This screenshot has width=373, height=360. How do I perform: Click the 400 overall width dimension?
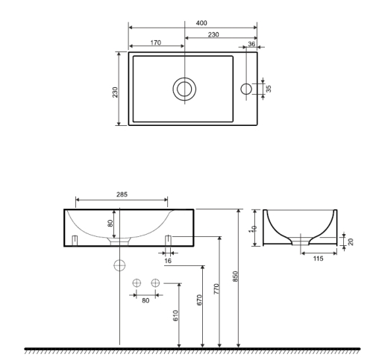pos(201,23)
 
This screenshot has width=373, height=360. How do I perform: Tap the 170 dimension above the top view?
pos(156,42)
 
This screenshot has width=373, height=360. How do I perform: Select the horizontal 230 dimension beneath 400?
pos(213,34)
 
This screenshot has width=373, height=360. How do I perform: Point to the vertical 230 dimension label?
pos(115,92)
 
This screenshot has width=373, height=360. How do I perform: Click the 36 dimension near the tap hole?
pos(251,44)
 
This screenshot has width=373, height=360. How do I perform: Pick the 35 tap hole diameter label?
pos(269,89)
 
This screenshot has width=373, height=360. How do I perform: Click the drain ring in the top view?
pos(184,89)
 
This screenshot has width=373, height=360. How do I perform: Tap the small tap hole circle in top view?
pos(246,89)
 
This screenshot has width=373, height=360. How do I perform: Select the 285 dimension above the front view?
pos(122,195)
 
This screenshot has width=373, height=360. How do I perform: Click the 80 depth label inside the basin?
pos(110,223)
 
